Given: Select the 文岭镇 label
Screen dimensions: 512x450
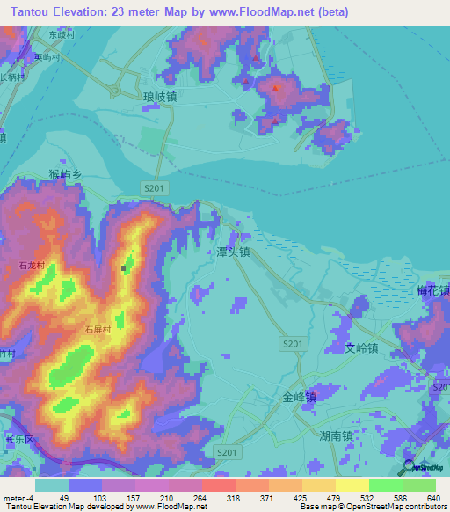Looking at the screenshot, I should coord(360,348).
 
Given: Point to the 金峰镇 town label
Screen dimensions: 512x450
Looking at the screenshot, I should coord(299,397).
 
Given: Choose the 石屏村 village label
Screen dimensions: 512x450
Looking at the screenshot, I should coord(98,329).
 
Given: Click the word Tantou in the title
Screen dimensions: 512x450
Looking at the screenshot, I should coord(33,11).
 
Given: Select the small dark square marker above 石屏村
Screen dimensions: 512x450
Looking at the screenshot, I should coord(124,268).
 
